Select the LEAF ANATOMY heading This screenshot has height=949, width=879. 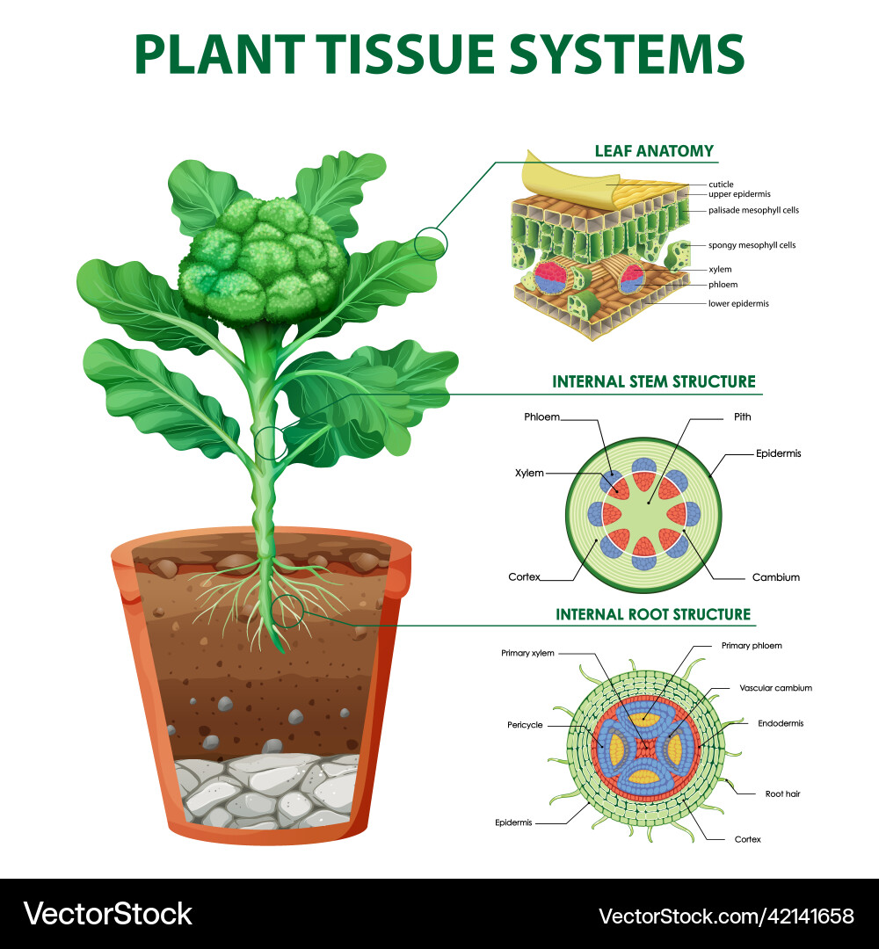653,150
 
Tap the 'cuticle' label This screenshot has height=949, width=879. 721,185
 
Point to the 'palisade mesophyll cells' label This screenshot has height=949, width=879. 753,210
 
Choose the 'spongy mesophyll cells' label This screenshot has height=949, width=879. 752,245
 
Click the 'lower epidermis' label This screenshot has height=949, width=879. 738,303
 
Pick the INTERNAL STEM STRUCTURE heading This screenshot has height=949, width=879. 653,381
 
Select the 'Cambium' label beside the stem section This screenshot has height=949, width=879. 775,577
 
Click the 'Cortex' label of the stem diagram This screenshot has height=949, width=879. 524,577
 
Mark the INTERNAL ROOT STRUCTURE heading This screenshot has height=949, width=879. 653,614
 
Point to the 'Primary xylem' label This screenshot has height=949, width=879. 527,653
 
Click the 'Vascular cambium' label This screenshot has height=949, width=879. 775,688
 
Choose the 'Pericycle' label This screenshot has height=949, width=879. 525,725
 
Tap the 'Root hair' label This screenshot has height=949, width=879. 781,793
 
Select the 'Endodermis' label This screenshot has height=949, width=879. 781,723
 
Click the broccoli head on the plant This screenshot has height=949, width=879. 264,259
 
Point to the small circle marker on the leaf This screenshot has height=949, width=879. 430,242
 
